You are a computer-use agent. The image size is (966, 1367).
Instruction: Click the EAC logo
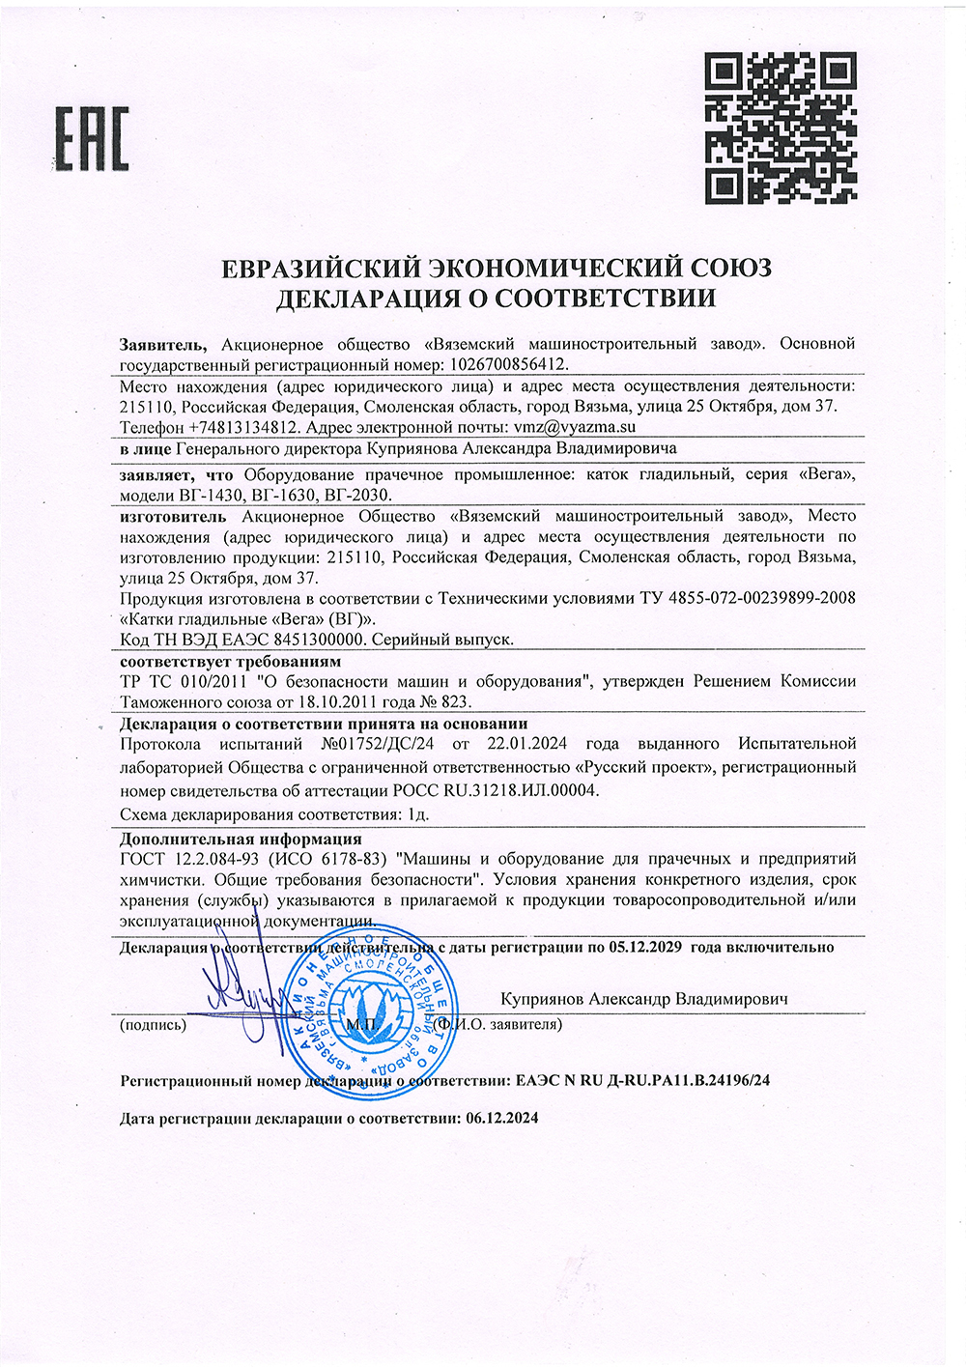pos(92,139)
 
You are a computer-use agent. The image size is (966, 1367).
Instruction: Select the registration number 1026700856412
pos(505,364)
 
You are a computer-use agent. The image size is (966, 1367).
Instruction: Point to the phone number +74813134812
pos(243,426)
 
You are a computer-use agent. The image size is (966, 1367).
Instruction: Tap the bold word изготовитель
pos(173,516)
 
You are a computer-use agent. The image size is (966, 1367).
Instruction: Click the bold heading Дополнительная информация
pos(241,839)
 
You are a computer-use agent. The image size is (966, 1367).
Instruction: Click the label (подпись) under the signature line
pos(153,1025)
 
